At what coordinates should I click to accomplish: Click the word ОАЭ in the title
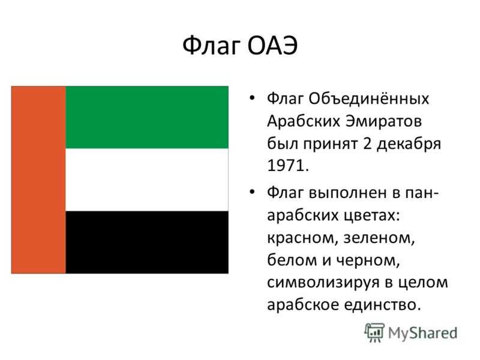tap(272, 46)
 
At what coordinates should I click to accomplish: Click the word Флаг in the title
tap(211, 46)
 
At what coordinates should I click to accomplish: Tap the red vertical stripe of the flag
tap(38, 179)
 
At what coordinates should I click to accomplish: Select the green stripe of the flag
tap(147, 117)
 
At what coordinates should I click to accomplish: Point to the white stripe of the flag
tap(147, 179)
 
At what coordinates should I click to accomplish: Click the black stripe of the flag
tap(147, 242)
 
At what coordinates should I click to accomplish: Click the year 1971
tap(288, 166)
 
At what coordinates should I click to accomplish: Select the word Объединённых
tap(369, 98)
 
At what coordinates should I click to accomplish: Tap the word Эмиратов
tap(384, 121)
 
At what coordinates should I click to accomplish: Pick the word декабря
tap(409, 144)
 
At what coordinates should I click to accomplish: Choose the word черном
tap(368, 261)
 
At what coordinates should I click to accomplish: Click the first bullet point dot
tap(252, 98)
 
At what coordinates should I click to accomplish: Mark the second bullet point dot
tap(252, 192)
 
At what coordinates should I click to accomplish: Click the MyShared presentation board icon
tap(374, 332)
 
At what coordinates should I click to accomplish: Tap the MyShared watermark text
tap(423, 333)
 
